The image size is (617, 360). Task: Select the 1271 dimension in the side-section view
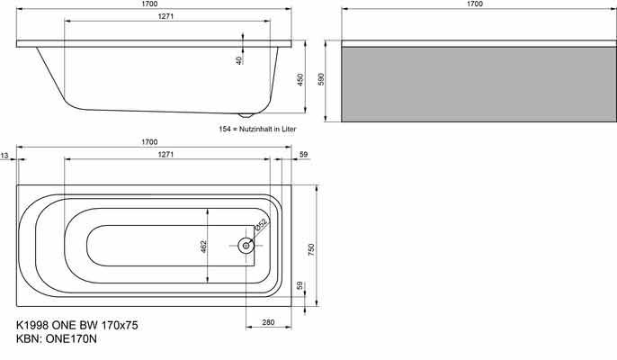click(166, 17)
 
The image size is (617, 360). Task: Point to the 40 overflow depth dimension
click(239, 59)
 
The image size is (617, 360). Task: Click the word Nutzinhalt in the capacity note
click(261, 130)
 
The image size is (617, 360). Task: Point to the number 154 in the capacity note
click(226, 130)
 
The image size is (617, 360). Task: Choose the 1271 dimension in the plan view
click(166, 155)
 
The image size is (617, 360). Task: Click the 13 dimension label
click(5, 156)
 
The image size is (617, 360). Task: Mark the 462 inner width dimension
click(203, 245)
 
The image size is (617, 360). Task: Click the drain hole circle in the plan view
click(245, 244)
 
